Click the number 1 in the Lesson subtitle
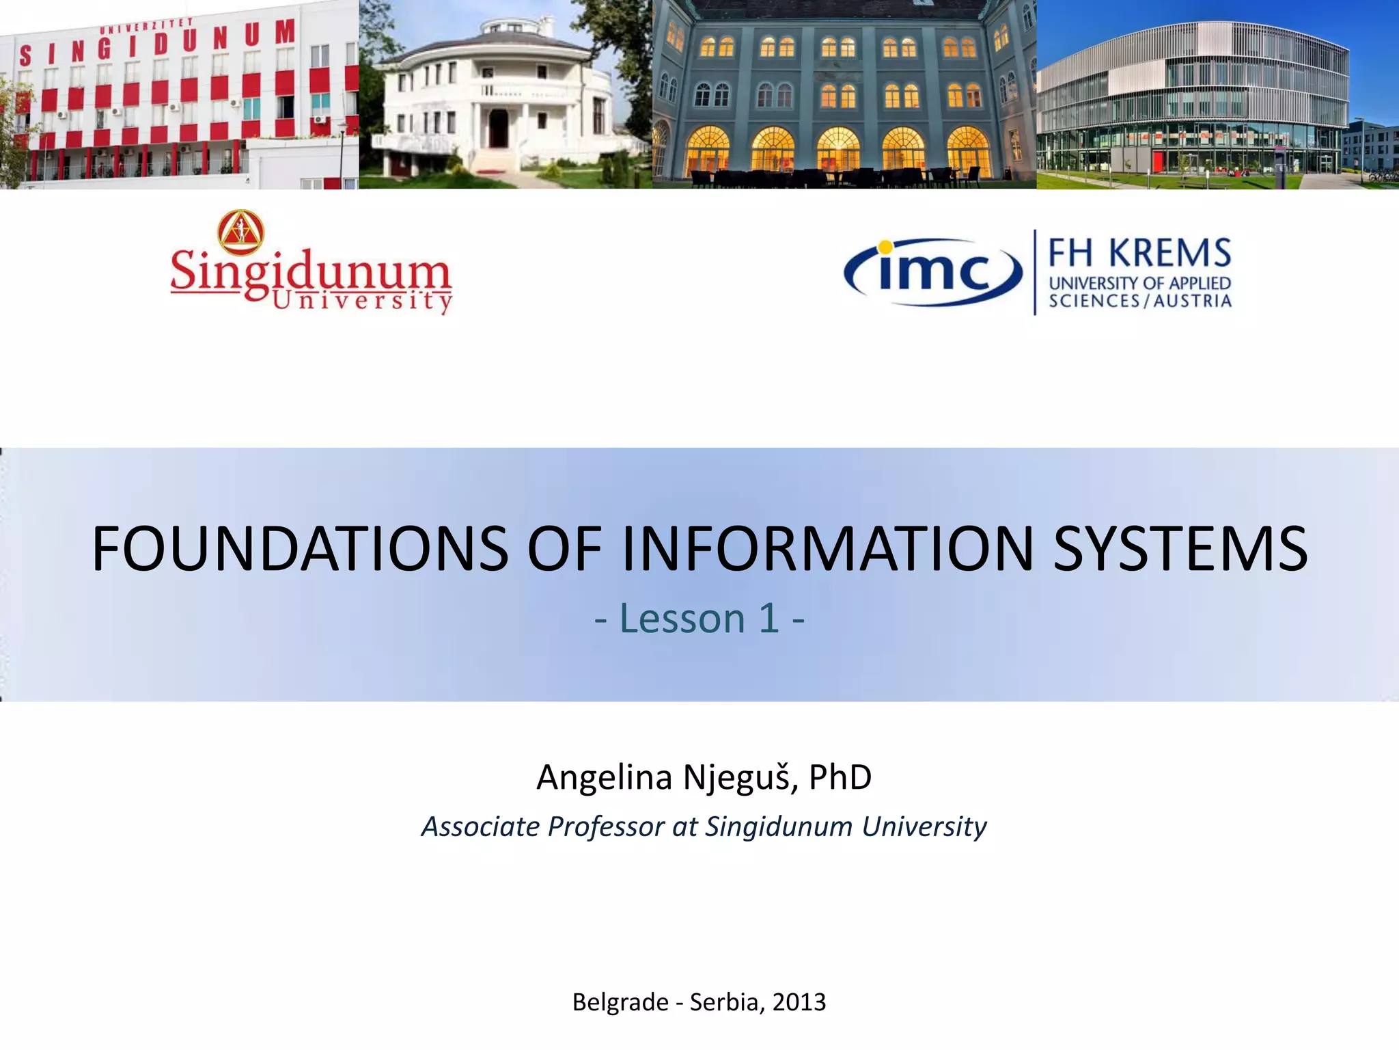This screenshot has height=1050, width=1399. pos(769,619)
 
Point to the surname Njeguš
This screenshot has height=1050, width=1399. pos(740,777)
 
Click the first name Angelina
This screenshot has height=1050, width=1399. pos(604,777)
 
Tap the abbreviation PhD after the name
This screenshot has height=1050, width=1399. pos(840,777)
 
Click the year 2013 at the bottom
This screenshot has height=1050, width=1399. pos(799,1002)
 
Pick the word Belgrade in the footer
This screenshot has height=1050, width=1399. pos(620,1002)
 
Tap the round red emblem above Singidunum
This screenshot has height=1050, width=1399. pos(240,231)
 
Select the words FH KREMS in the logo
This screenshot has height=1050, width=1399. pos(1139,253)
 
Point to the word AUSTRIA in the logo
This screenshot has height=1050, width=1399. pos(1193,301)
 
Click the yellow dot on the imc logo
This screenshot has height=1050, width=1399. pos(885,247)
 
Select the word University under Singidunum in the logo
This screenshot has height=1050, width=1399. pos(362,301)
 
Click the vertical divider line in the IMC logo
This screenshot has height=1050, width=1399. pos(1035,272)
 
